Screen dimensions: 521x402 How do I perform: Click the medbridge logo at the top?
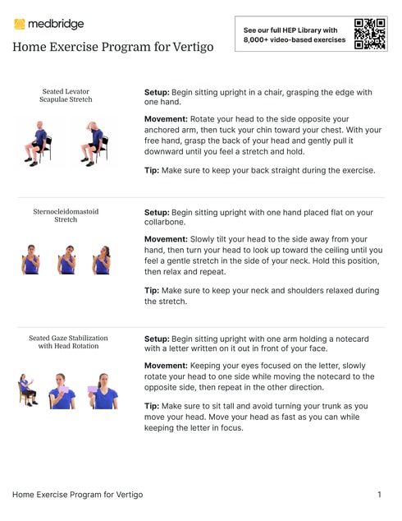[x=48, y=24]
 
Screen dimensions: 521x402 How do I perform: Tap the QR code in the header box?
[x=370, y=35]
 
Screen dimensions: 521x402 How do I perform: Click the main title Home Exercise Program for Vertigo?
[x=112, y=47]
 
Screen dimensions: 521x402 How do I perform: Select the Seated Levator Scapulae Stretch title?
[x=66, y=95]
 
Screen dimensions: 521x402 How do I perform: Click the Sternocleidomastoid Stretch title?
[x=66, y=215]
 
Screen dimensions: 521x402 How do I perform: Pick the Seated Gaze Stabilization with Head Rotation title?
[x=68, y=341]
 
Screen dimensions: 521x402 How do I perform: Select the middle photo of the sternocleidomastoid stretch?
[x=66, y=260]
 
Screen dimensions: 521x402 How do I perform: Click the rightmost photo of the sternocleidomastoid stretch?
[x=101, y=260]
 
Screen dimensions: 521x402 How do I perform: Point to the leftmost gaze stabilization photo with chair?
[x=28, y=390]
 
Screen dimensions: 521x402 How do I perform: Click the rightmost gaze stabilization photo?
[x=103, y=390]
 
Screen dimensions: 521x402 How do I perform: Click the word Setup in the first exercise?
[x=156, y=93]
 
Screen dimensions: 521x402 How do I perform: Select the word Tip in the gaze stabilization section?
[x=152, y=406]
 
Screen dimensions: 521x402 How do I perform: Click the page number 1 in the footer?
[x=379, y=495]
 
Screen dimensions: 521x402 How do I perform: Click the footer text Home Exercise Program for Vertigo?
[x=77, y=495]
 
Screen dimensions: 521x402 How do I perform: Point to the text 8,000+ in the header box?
[x=257, y=39]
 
